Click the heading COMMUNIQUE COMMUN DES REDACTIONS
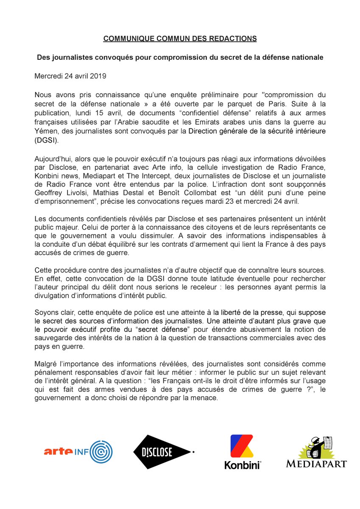[x=180, y=39]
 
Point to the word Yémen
[x=45, y=131]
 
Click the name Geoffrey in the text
[x=47, y=195]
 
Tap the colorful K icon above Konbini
[x=242, y=446]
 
